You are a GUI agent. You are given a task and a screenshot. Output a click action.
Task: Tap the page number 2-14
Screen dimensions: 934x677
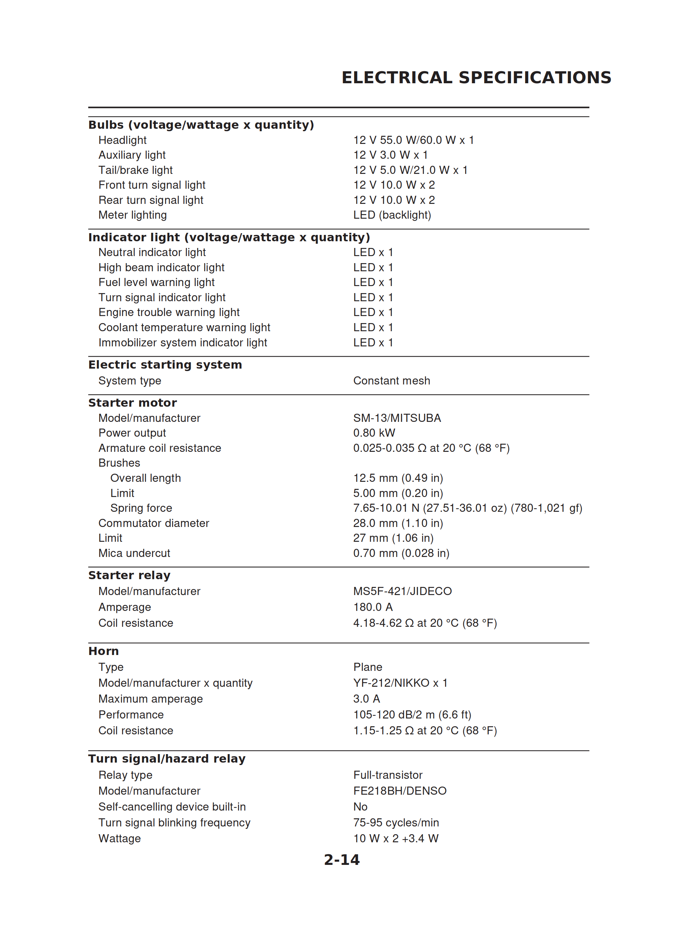tap(341, 860)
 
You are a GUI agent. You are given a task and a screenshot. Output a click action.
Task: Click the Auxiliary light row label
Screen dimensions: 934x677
tap(132, 155)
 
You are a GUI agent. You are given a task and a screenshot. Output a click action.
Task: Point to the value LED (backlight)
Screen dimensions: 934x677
tap(392, 215)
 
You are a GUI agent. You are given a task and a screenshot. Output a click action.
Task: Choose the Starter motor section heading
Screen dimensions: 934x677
tap(132, 403)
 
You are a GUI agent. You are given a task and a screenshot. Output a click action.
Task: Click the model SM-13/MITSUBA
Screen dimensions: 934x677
tap(397, 418)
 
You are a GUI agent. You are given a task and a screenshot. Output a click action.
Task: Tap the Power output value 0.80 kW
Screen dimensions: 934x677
tap(374, 433)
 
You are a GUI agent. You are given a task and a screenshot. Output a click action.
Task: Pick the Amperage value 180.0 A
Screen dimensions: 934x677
tap(373, 607)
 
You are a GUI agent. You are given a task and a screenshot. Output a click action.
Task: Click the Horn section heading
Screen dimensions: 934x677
tap(103, 651)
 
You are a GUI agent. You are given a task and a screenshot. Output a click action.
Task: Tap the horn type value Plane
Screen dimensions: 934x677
tap(367, 667)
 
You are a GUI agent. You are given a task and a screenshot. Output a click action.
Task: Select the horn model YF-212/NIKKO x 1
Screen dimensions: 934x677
tap(400, 683)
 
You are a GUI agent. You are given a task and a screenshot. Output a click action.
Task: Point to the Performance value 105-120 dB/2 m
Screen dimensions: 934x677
tap(412, 715)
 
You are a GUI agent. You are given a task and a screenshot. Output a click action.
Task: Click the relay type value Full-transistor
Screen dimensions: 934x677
tap(388, 775)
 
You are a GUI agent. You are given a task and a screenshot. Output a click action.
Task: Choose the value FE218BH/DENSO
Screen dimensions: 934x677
tap(400, 791)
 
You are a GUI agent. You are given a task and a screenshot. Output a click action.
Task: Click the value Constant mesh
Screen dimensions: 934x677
tap(391, 381)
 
